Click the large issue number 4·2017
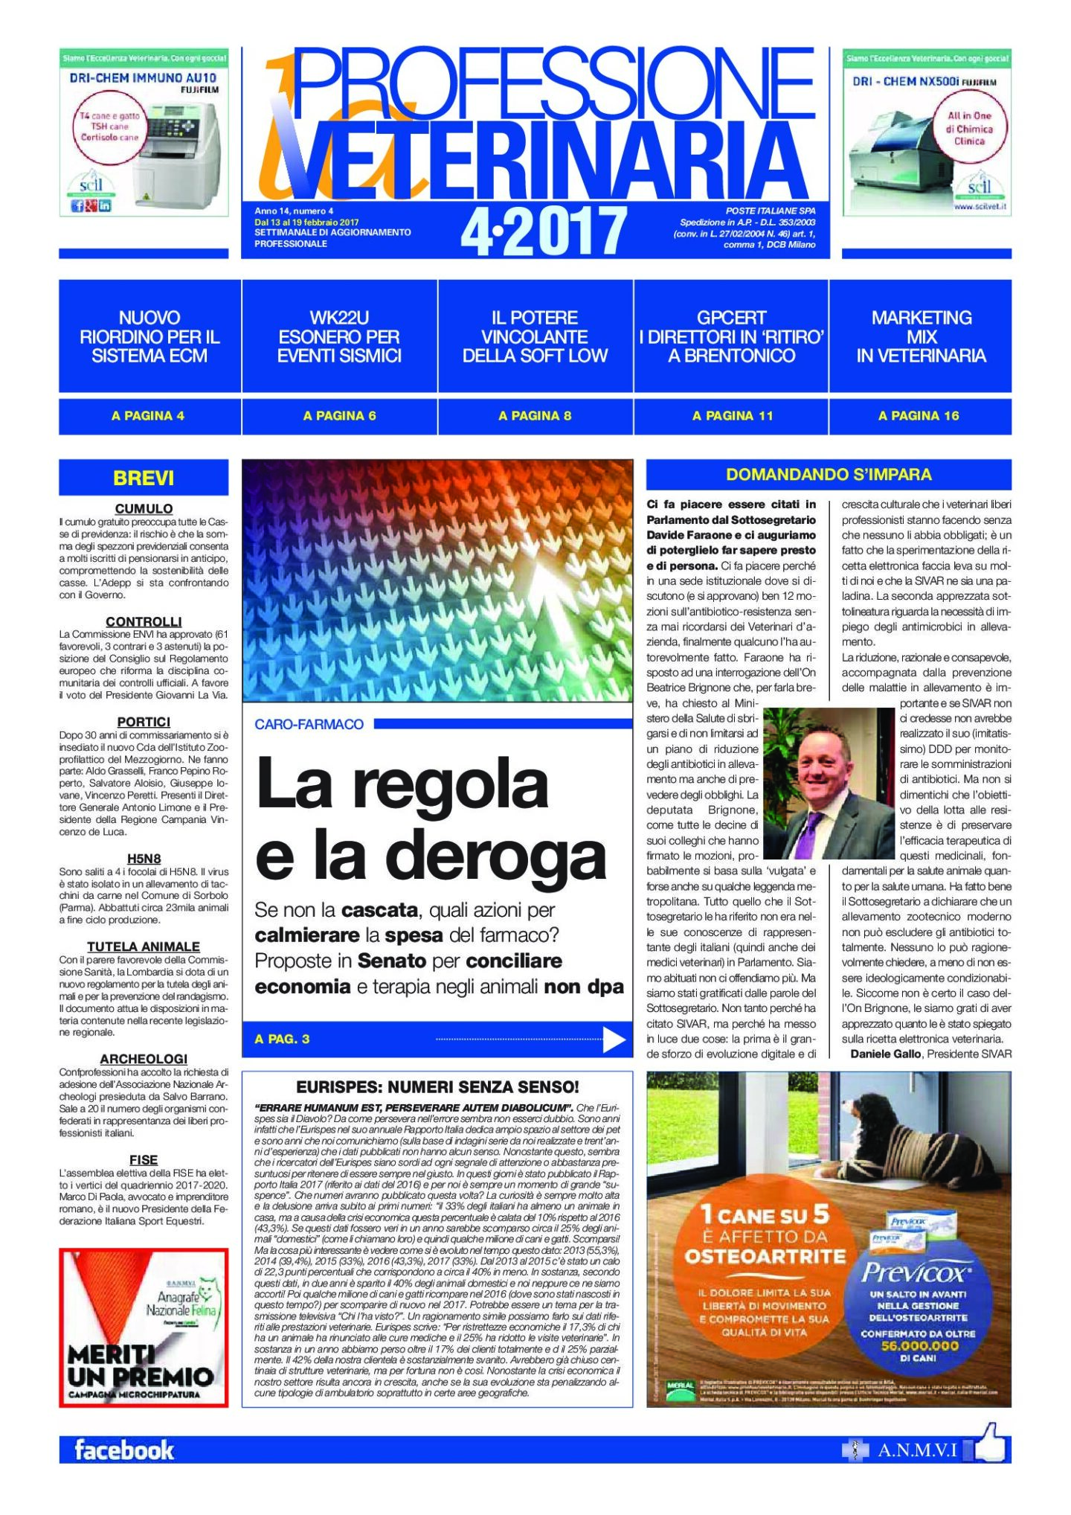pos(544,231)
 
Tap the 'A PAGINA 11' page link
pos(732,416)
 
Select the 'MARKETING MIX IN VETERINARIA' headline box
pos(921,336)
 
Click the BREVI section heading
pos(144,478)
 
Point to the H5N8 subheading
pos(144,859)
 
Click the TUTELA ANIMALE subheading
pos(144,947)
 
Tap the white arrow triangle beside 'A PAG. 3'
pos(614,1039)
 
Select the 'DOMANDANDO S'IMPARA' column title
pos(829,475)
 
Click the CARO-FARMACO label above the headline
pos(309,724)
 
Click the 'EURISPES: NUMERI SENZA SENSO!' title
pos(437,1087)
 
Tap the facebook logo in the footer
pos(124,1450)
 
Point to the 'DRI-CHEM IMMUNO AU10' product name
pos(143,77)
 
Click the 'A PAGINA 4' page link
pos(148,416)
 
